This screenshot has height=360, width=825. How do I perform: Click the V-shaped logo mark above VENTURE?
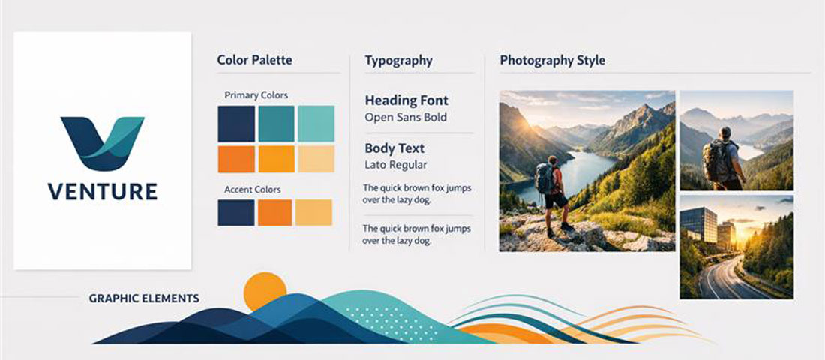[102, 142]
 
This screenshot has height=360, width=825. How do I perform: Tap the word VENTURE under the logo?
[103, 192]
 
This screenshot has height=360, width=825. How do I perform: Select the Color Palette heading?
[254, 60]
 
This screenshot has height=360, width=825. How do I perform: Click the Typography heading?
[398, 60]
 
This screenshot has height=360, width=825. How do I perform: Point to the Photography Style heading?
[552, 60]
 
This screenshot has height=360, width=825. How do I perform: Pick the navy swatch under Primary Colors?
[236, 124]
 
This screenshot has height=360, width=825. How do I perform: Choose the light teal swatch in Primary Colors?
[316, 124]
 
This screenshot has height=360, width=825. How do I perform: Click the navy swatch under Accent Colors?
[236, 212]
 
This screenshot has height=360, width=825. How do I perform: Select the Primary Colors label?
[256, 95]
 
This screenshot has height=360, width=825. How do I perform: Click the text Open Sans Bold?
[406, 117]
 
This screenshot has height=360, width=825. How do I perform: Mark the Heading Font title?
[406, 100]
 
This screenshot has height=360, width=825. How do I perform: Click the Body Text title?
[394, 148]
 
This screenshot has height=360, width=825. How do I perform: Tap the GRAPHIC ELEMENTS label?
[143, 298]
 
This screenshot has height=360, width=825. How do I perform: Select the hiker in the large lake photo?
[552, 191]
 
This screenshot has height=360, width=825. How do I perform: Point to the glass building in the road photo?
[700, 225]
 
